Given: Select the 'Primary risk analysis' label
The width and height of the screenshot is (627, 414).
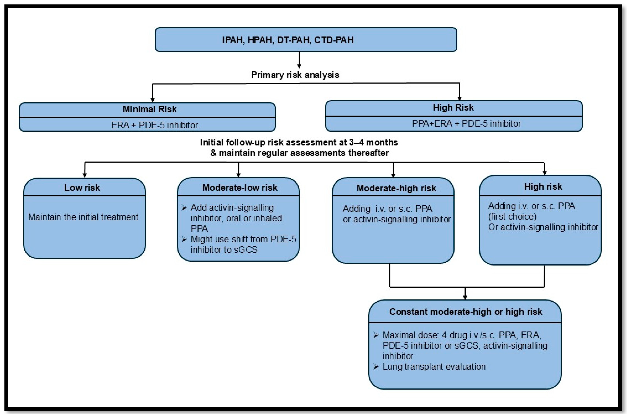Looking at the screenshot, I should point(295,75).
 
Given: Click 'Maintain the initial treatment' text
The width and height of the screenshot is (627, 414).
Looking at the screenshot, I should point(83,217).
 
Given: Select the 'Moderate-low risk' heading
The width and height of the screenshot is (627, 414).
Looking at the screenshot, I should point(240,188).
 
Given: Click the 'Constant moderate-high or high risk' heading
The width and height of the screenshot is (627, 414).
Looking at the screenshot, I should point(465,312).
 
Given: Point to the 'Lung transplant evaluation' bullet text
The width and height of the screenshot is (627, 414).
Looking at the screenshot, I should point(434,367).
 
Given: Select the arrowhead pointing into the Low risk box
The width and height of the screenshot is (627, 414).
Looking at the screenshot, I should point(85,175).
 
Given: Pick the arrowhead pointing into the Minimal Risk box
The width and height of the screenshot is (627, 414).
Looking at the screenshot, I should point(152,99).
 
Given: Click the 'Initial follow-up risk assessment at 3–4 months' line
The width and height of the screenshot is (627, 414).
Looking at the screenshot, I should point(299,143).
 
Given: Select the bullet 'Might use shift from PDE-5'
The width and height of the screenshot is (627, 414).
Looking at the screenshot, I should point(243,239).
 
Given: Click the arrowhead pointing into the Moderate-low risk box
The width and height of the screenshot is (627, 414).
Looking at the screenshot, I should point(239,175).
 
